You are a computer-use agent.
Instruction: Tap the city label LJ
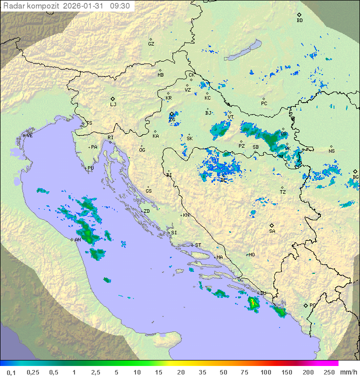pyautogui.click(x=113, y=105)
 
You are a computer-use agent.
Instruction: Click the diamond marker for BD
pyautogui.click(x=299, y=15)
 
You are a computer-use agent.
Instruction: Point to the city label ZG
pyautogui.click(x=172, y=120)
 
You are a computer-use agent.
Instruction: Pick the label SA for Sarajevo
pyautogui.click(x=272, y=231)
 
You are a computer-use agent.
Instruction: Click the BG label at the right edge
pyautogui.click(x=355, y=177)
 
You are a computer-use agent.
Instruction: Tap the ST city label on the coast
pyautogui.click(x=198, y=245)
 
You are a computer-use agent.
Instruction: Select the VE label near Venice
pyautogui.click(x=29, y=136)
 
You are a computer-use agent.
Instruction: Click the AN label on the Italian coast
pyautogui.click(x=78, y=240)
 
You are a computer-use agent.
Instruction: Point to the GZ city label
pyautogui.click(x=151, y=44)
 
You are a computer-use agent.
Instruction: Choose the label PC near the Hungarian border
pyautogui.click(x=264, y=104)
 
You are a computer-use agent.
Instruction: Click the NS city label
pyautogui.click(x=331, y=151)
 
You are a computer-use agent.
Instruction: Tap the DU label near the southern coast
pyautogui.click(x=263, y=293)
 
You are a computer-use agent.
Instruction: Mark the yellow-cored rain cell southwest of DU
pyautogui.click(x=253, y=302)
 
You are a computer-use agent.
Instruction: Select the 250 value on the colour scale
pyautogui.click(x=328, y=372)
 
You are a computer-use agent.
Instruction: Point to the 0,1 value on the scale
pyautogui.click(x=11, y=372)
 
